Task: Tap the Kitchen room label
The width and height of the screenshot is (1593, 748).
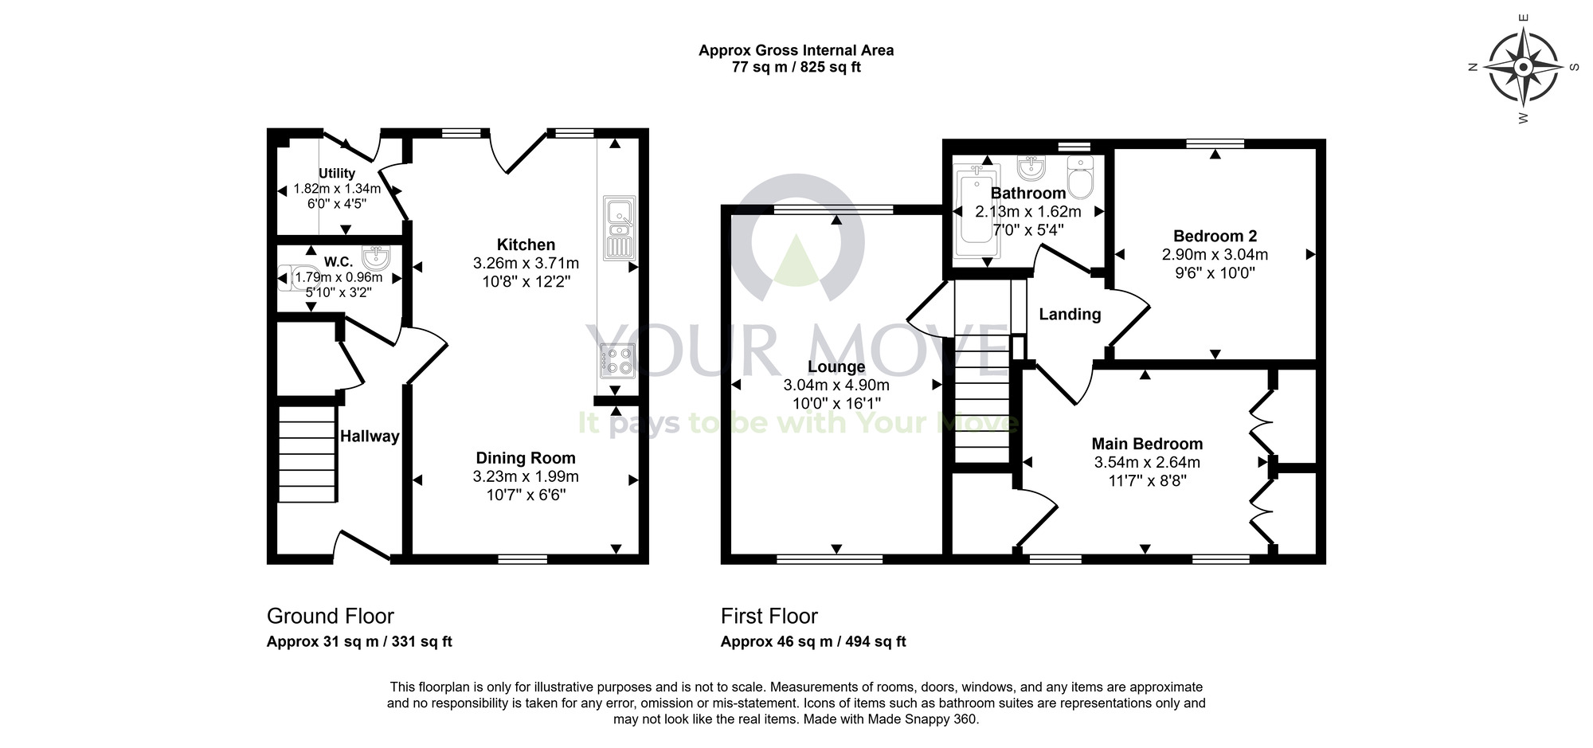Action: (x=526, y=245)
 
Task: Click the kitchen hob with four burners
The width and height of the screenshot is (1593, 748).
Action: (x=617, y=360)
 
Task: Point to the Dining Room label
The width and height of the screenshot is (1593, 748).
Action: (x=526, y=458)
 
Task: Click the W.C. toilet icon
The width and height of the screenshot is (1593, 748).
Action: (x=290, y=278)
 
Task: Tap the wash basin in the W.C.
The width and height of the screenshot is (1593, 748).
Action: (x=376, y=257)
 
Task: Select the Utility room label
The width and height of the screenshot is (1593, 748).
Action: (x=337, y=173)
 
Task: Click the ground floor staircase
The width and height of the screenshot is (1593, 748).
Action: (x=307, y=454)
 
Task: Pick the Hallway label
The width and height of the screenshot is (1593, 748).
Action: (x=370, y=436)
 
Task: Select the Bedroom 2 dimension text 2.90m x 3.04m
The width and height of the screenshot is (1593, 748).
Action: (x=1215, y=255)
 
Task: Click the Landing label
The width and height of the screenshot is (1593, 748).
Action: (x=1070, y=315)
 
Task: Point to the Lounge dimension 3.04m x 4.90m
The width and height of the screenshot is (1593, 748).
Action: (x=836, y=385)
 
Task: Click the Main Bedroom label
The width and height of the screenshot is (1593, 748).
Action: (x=1147, y=444)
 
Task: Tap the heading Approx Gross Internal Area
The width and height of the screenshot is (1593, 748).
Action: (x=796, y=50)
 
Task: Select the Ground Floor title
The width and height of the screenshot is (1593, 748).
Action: (x=331, y=616)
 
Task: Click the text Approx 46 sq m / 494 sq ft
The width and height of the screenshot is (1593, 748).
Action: (x=813, y=641)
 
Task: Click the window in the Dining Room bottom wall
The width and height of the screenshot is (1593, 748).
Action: (x=523, y=559)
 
